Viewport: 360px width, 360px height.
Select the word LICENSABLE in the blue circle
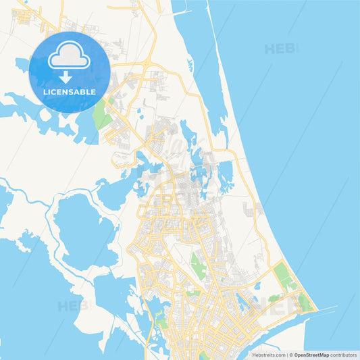coord(70,92)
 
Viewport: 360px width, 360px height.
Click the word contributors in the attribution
coord(344,355)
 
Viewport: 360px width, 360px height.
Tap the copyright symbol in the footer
coord(290,355)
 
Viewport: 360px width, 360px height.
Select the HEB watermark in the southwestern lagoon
coord(72,305)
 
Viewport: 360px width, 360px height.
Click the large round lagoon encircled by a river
coord(81,230)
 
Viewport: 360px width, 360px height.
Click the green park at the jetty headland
coord(305,303)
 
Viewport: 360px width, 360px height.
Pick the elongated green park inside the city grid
coord(197,263)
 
